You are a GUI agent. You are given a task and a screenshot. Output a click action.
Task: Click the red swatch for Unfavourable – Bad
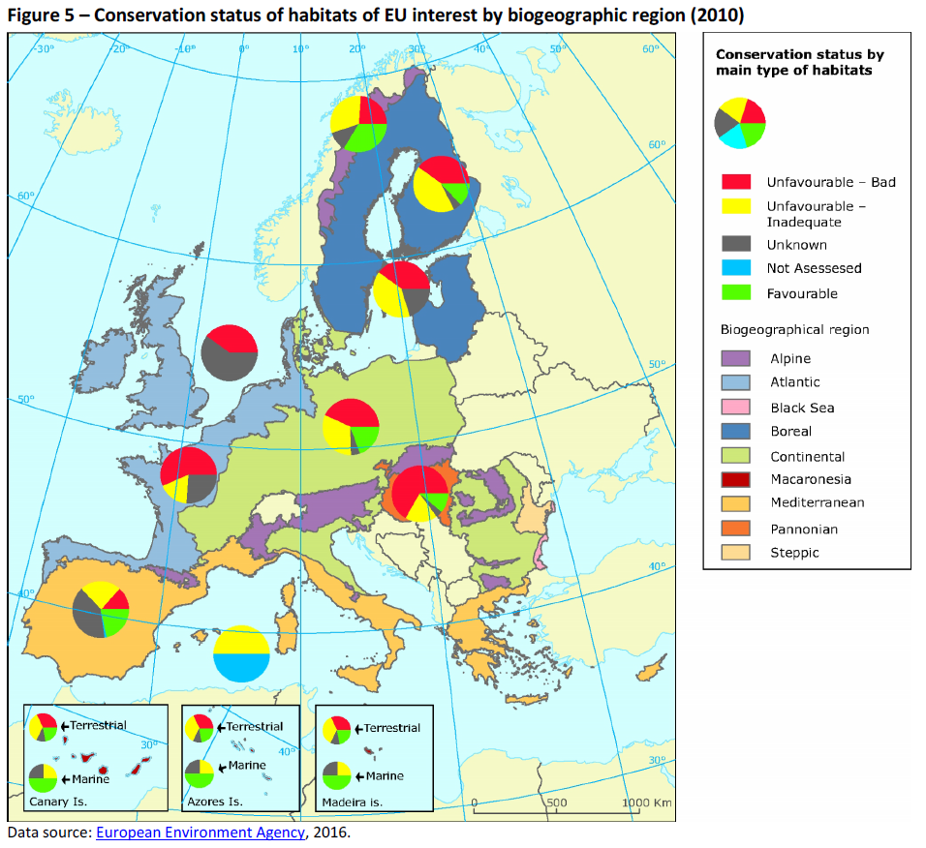736,182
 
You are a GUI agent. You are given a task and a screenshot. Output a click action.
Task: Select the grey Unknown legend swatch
736,245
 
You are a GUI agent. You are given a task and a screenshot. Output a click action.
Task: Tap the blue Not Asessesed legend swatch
736,268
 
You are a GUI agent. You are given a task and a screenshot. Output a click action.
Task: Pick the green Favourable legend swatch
736,293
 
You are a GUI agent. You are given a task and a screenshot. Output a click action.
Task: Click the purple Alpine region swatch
736,358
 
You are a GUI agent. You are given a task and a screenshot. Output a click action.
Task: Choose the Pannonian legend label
804,530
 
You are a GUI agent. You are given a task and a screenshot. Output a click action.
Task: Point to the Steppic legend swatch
736,553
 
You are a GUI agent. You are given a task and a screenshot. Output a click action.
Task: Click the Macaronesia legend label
811,479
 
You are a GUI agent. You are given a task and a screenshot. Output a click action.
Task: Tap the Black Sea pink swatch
736,408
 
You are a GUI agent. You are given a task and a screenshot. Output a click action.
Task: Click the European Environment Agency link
200,833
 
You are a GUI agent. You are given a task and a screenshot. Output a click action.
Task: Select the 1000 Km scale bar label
647,803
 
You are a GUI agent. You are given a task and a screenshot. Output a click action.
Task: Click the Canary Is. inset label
56,802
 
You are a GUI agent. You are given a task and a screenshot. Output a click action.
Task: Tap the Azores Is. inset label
214,802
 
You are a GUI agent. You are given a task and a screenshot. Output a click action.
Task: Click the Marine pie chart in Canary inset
43,777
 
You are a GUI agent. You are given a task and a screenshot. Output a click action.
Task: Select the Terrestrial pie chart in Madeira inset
337,729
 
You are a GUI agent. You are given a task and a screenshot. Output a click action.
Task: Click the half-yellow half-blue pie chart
241,653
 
